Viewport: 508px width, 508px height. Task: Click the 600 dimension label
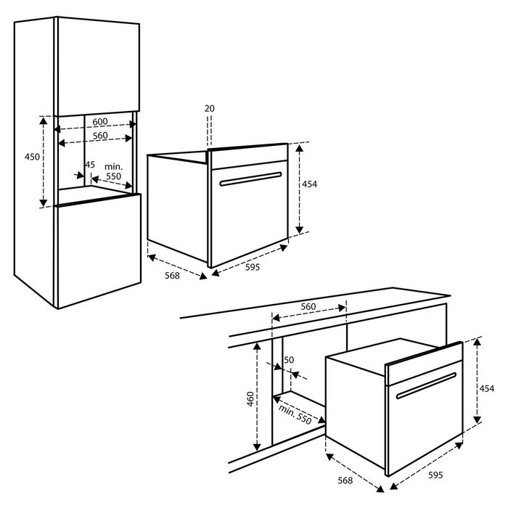pos(100,121)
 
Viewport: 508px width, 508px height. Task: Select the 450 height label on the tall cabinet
pos(32,157)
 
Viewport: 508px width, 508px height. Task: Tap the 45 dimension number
pos(90,165)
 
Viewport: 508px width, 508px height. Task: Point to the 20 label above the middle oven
pos(210,109)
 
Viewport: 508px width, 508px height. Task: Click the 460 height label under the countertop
pos(250,399)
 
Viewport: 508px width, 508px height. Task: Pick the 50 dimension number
pos(289,360)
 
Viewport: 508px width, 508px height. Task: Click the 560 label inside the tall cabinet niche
pos(100,136)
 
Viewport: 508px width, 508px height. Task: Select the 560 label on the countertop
pos(308,306)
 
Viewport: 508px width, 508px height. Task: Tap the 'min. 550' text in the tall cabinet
pos(113,172)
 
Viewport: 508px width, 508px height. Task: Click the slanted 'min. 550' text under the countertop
pos(295,414)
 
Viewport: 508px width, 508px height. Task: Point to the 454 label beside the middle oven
pos(309,184)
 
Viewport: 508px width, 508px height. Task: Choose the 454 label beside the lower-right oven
pos(487,388)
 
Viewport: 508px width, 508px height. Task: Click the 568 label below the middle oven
pos(172,275)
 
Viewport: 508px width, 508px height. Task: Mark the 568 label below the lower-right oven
pos(345,480)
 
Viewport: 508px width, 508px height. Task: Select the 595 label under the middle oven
pos(253,267)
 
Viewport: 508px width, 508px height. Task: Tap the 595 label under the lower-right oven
pos(435,475)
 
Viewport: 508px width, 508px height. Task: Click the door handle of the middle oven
pos(250,179)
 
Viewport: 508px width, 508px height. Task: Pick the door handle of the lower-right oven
pos(426,385)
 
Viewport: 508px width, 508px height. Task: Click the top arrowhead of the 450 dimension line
pos(44,120)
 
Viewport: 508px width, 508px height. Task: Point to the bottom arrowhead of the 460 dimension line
pos(257,447)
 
